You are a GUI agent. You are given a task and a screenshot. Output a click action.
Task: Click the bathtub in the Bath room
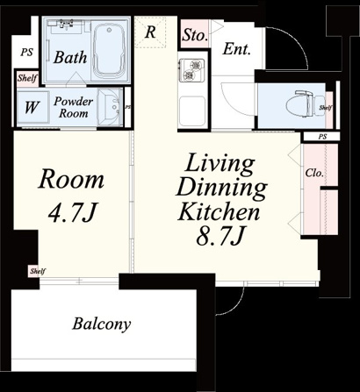(110, 50)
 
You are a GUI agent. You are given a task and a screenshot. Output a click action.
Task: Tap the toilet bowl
(306, 104)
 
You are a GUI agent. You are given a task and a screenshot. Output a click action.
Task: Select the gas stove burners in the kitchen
(191, 70)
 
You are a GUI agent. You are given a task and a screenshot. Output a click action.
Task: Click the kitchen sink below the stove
(192, 111)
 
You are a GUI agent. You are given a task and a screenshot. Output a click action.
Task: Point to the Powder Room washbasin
(109, 107)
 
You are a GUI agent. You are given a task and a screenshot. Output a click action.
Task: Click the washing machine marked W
(32, 107)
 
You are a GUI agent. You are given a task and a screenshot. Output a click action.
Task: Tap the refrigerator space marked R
(150, 32)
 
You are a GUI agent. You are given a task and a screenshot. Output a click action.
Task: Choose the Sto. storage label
(194, 35)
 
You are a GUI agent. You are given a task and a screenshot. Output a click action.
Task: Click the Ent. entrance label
(237, 49)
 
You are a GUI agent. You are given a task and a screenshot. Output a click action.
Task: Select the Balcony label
(101, 324)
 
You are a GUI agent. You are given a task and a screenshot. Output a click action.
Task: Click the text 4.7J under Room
(71, 212)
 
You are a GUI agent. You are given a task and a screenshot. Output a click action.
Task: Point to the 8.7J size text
(220, 236)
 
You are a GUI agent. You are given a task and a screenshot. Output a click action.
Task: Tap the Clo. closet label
(314, 173)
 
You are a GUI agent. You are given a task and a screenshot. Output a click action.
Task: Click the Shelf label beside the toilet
(326, 108)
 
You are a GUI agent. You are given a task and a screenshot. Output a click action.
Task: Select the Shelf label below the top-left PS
(27, 78)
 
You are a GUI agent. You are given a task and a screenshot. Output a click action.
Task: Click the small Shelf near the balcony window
(38, 271)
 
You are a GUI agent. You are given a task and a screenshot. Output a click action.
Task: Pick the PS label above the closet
(322, 137)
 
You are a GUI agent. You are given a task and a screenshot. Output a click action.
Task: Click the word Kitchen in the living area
(219, 211)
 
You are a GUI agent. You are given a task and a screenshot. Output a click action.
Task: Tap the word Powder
(73, 101)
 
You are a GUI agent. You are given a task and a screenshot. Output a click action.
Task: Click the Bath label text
(70, 57)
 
